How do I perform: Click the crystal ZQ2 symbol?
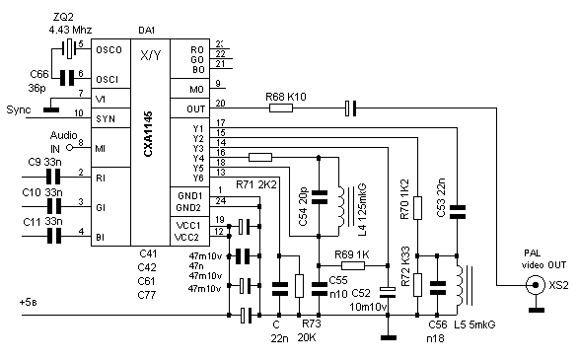pos(69,48)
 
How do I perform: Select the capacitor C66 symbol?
pos(67,78)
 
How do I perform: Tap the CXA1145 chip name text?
pos(148,134)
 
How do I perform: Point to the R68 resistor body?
pos(281,108)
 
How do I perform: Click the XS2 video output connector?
pos(536,285)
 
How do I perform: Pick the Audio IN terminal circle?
pos(70,148)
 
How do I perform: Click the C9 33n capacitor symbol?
pos(53,177)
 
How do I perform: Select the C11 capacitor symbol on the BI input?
pos(54,236)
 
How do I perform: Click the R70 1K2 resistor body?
pos(417,208)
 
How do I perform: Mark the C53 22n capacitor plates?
pos(457,212)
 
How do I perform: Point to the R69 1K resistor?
pos(353,265)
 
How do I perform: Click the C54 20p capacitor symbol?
pos(320,197)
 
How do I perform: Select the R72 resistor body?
pos(417,285)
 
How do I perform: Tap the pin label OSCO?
pos(108,49)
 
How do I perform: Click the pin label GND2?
pos(188,208)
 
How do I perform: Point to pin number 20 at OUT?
pos(220,104)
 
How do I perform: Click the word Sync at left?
pos(19,110)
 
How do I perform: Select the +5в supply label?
pos(29,303)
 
